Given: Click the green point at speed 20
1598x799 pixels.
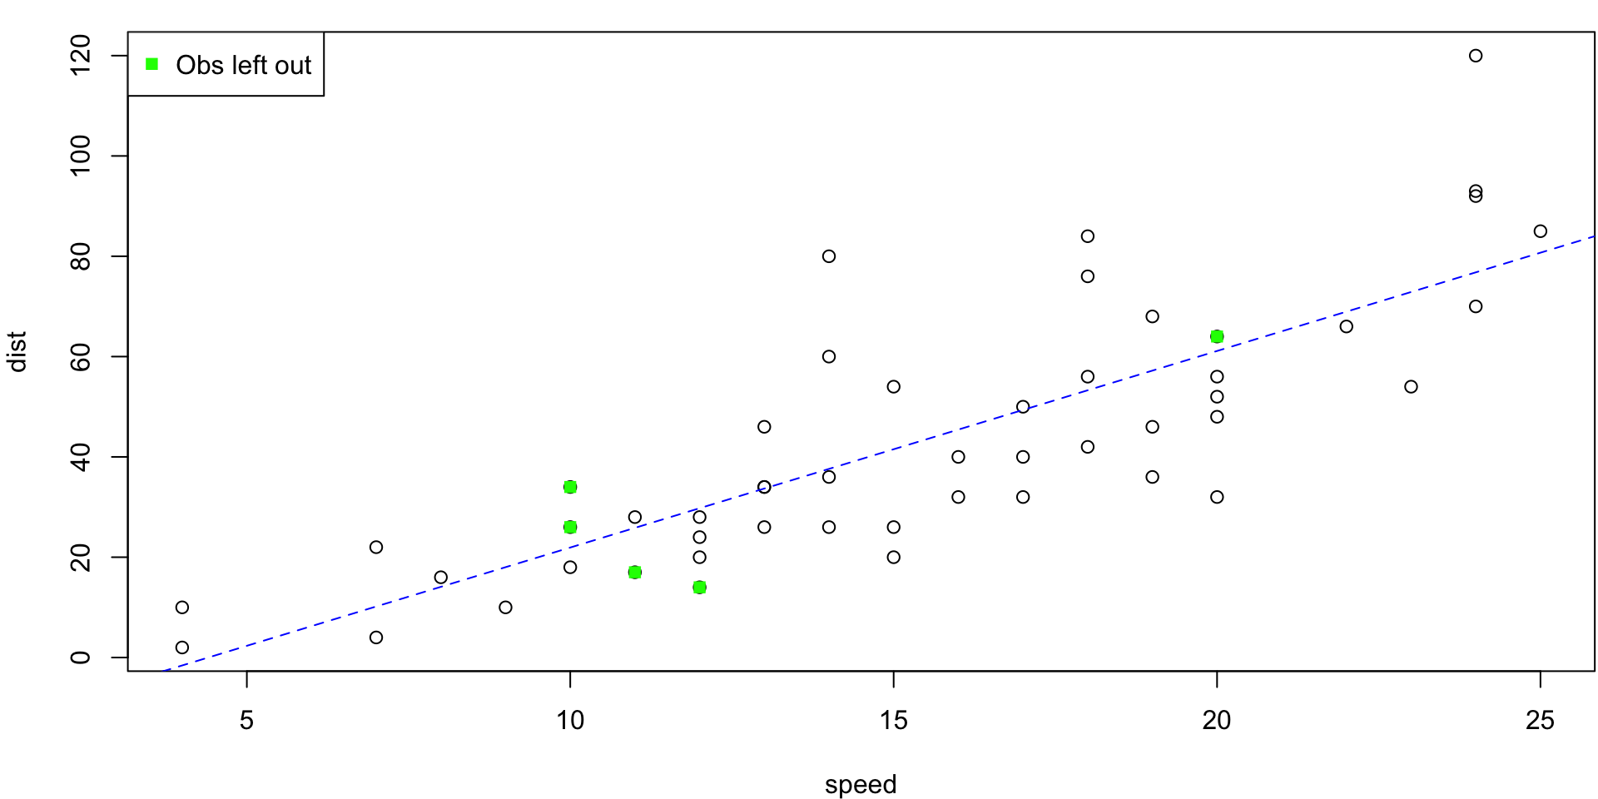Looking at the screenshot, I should [x=1217, y=336].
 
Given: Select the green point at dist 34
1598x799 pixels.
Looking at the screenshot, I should [x=570, y=487].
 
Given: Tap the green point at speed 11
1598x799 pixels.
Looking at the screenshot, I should [x=635, y=573].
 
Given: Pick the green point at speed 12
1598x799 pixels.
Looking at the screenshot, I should [x=699, y=588].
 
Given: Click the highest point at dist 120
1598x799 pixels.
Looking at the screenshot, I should [x=1476, y=56].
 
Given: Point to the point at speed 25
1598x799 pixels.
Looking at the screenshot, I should [x=1541, y=231].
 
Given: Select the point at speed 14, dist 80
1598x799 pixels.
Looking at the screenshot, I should [x=829, y=256].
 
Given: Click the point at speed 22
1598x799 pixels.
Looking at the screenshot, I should [x=1347, y=326].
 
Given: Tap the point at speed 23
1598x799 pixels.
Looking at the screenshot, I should [x=1411, y=387].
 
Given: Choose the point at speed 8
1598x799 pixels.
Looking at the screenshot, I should [x=441, y=578].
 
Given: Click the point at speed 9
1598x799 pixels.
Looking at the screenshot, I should [x=505, y=608].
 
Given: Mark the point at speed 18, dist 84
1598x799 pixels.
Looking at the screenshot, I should [x=1088, y=236].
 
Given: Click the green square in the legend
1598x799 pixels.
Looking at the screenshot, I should [x=151, y=64].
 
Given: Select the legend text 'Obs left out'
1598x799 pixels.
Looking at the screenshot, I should [x=243, y=65].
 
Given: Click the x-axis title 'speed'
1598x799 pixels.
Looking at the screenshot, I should [x=861, y=785].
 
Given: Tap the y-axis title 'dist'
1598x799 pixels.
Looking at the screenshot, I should [x=17, y=351].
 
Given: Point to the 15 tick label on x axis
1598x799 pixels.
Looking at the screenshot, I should [x=893, y=721].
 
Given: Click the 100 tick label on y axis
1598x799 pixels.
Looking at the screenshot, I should [x=81, y=156].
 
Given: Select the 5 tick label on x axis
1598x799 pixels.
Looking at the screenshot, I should [x=246, y=721].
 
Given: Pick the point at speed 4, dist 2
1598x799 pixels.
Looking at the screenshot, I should [x=182, y=648].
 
